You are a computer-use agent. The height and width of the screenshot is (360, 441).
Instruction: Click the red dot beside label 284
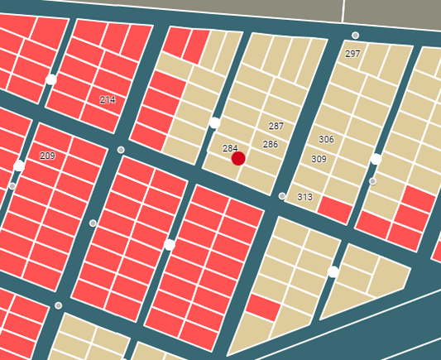pos(238,158)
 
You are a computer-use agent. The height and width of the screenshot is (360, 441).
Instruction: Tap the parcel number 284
pos(230,148)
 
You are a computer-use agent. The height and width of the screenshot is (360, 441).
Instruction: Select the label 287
pos(276,126)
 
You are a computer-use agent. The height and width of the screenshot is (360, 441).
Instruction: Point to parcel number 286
pos(271,144)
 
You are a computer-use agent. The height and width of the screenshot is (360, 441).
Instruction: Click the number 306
pos(326,139)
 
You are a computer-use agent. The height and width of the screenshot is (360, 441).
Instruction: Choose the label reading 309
pos(319,159)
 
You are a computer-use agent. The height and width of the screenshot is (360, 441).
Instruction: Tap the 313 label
pos(304,197)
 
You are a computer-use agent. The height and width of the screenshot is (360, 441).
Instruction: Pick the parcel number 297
pos(352,54)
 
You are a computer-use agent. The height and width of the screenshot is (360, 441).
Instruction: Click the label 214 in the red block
pos(108,99)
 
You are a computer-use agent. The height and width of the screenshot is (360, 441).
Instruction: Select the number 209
pos(47,156)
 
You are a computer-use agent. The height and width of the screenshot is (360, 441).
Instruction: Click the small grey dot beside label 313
pos(282,196)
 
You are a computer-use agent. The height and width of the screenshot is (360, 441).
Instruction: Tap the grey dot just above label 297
pos(355,36)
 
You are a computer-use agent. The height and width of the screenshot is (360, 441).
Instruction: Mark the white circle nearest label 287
pos(214,122)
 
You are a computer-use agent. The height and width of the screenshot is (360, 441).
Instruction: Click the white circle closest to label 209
pos(19,166)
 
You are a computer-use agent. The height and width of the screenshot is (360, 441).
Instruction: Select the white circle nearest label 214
pos(51,79)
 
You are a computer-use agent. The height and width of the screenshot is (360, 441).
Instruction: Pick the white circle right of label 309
pos(376,159)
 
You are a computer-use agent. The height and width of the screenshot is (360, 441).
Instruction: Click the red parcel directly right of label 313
pos(334,209)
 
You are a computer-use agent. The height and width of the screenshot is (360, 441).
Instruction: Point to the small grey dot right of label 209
pos(121,150)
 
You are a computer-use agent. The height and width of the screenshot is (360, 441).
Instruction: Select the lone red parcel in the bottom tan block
pos(263,308)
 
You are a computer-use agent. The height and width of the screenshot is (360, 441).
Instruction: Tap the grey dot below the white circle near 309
pos(372,180)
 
